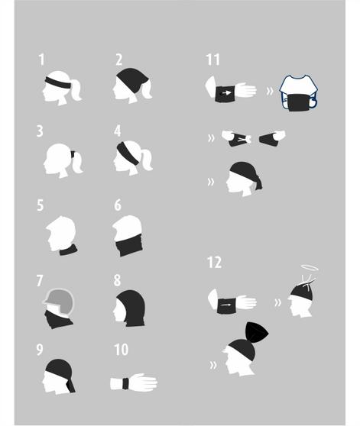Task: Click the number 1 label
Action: click(41, 60)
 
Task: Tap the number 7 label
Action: click(40, 280)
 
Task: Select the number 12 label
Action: click(214, 263)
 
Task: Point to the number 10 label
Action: click(122, 350)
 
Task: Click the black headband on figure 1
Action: click(58, 83)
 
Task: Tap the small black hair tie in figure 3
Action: click(73, 155)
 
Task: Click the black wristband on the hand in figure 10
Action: click(125, 383)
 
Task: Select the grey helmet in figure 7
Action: click(60, 301)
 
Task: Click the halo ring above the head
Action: click(310, 268)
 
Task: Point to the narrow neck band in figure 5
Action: click(69, 250)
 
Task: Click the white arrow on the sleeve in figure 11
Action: click(225, 93)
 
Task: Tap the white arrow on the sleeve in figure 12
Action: click(225, 305)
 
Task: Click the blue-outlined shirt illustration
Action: click(299, 92)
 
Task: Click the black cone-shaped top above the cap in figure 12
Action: click(256, 333)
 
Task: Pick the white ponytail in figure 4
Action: click(146, 160)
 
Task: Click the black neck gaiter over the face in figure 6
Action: click(128, 244)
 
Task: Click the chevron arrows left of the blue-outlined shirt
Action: click(270, 92)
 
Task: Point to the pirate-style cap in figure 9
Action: click(60, 373)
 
